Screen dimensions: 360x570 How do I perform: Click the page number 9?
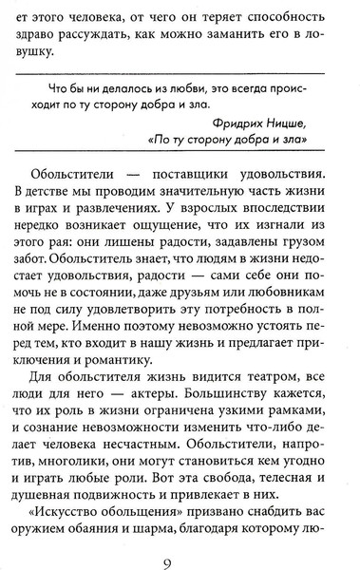click(180, 544)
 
